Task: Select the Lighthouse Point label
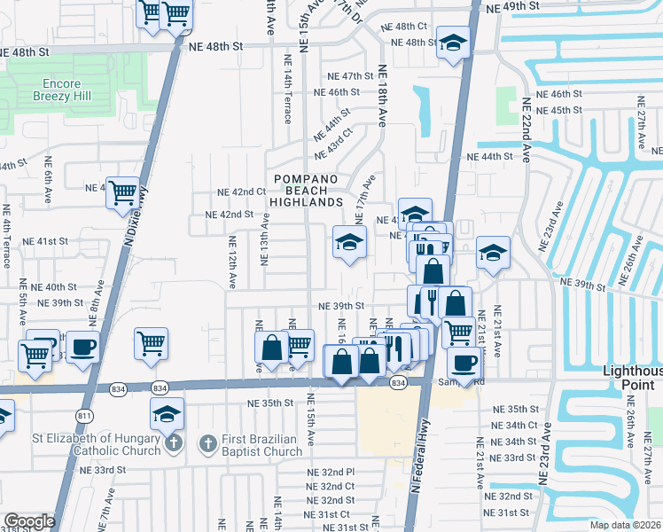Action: click(633, 377)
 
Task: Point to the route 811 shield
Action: click(85, 415)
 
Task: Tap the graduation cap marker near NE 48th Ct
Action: click(453, 43)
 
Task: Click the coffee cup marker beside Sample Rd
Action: click(464, 362)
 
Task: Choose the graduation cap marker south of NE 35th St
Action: click(166, 414)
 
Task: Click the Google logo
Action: click(29, 521)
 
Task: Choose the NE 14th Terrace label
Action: click(288, 88)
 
